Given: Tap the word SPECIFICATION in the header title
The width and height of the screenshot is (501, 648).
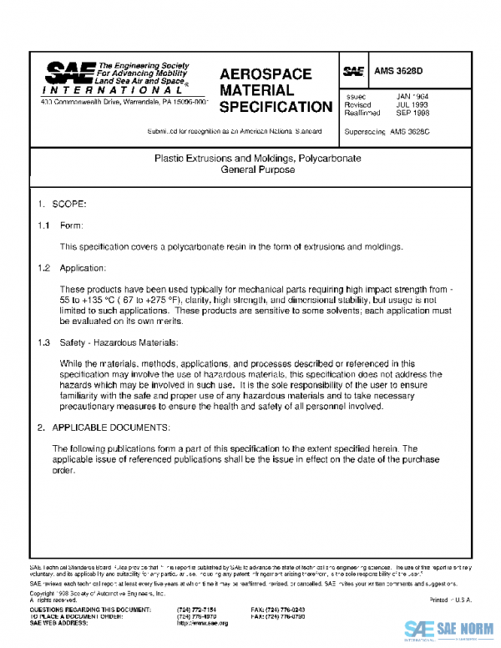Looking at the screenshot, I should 276,107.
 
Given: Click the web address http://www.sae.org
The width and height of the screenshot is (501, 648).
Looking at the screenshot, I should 202,623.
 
